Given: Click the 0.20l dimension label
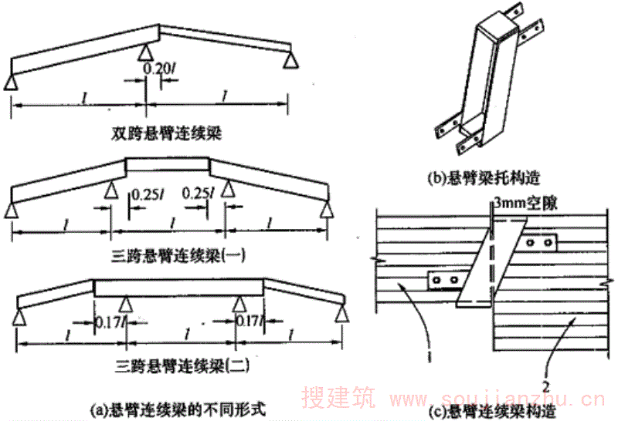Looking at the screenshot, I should tap(159, 69).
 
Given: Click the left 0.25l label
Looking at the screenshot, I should tap(147, 194).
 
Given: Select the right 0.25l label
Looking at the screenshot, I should tap(199, 194).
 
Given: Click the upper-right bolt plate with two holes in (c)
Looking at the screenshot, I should tap(539, 244).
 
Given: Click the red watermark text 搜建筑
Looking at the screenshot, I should tap(341, 399).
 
